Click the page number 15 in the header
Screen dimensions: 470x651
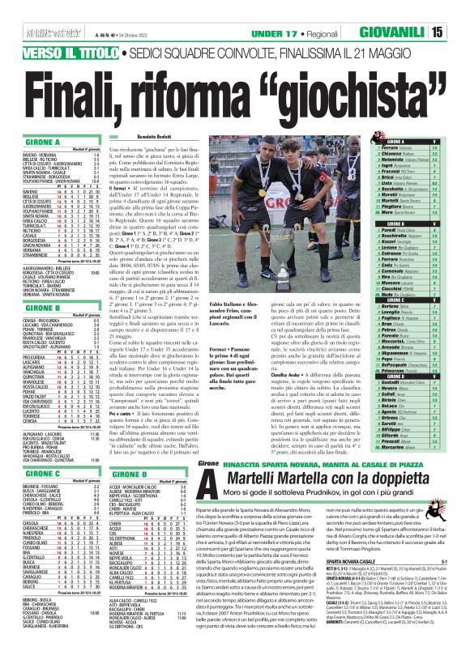pyautogui.click(x=459, y=11)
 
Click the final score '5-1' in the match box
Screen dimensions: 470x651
pyautogui.click(x=459, y=560)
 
